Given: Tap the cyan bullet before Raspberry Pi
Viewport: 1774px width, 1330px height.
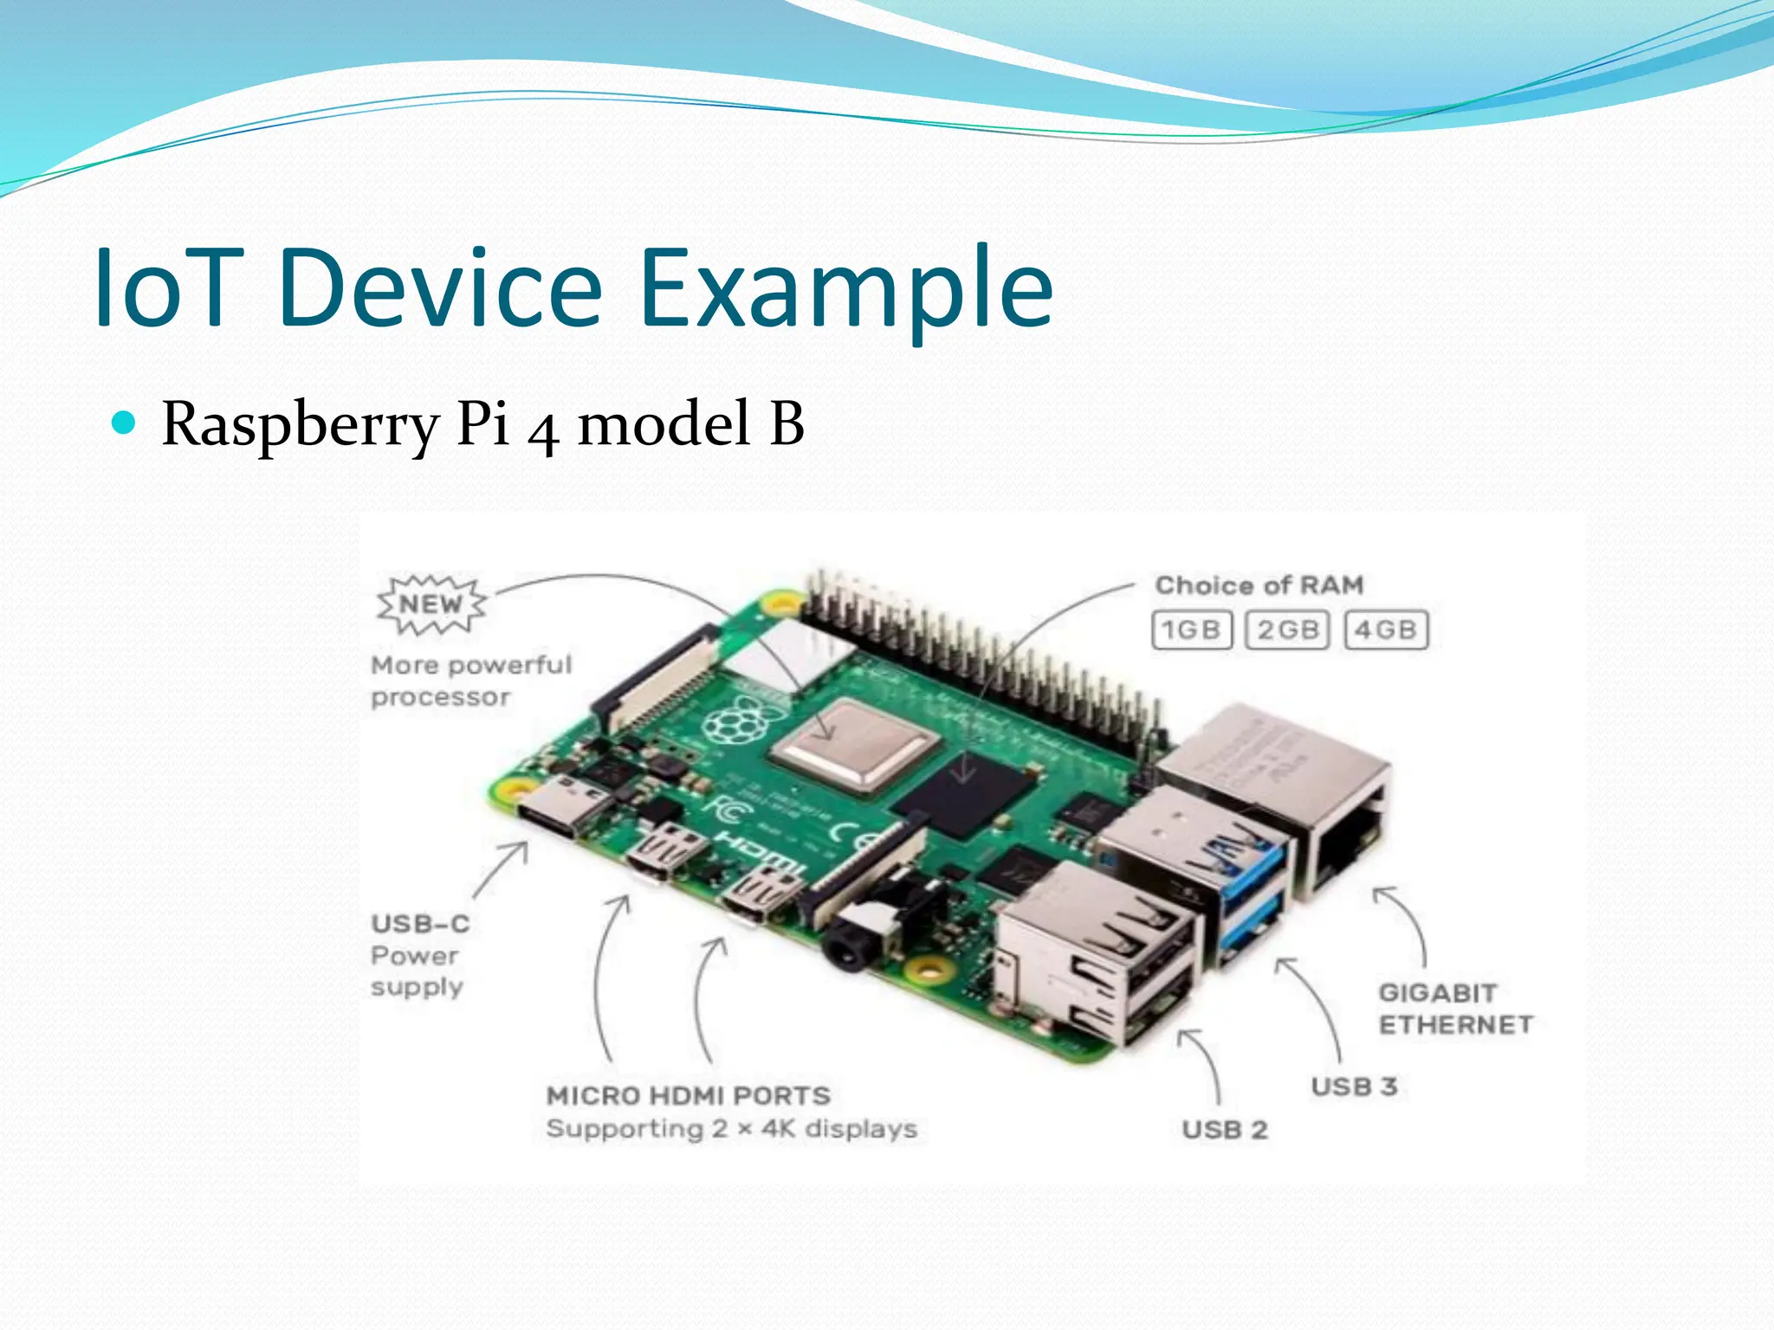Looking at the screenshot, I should click(x=125, y=423).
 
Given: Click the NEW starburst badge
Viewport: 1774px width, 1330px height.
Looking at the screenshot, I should click(x=431, y=604).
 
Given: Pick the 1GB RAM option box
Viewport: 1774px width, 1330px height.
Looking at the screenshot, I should click(x=1191, y=629).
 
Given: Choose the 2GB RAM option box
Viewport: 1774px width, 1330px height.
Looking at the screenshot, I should click(x=1287, y=629).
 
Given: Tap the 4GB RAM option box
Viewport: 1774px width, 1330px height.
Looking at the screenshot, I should click(x=1385, y=629).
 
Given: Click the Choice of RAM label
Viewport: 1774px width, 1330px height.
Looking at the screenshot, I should click(x=1259, y=585).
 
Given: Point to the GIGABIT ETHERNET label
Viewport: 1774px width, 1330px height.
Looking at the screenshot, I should click(x=1455, y=1009).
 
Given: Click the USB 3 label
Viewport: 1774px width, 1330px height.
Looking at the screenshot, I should click(x=1354, y=1087).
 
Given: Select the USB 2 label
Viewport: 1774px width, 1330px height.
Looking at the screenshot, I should click(x=1225, y=1130).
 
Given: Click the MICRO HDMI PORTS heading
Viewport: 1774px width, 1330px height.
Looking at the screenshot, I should click(x=689, y=1096).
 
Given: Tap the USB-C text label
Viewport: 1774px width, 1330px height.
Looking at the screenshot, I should click(x=420, y=924).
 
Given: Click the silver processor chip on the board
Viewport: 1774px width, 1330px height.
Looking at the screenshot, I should click(x=854, y=744).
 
